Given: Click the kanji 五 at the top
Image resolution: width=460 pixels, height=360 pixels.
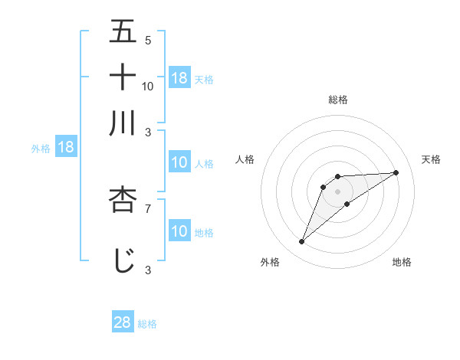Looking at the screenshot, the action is (123, 31).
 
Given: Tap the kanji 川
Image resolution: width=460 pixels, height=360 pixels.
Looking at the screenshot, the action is (123, 123).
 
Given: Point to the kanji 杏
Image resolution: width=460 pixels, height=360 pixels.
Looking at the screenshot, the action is (123, 201).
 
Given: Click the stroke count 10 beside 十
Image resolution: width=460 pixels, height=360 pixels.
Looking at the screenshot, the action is (148, 87).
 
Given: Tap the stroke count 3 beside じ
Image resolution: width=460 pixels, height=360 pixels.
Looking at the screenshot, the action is (148, 270).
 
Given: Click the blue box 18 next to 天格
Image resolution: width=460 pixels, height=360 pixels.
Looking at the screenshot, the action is (179, 77).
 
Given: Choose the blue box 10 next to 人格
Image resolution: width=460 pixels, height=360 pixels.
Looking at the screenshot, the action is (179, 162).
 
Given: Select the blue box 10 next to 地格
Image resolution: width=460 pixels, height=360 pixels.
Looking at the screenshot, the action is (179, 231).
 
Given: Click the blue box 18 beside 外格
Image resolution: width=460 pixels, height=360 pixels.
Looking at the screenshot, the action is (66, 147).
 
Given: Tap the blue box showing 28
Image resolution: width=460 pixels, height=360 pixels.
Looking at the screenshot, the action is (123, 322).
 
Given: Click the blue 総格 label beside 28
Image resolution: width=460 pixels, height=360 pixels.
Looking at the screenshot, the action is (147, 324).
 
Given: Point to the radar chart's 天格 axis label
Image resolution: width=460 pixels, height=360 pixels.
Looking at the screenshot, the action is (431, 159).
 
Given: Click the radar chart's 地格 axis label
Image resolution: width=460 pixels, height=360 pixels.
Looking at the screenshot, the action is (402, 262).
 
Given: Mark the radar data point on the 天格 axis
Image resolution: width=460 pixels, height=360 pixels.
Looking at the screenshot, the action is (396, 172).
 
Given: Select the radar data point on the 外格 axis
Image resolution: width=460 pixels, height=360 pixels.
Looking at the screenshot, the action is (302, 242).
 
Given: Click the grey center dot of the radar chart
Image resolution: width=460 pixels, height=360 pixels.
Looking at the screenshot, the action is (337, 191).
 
